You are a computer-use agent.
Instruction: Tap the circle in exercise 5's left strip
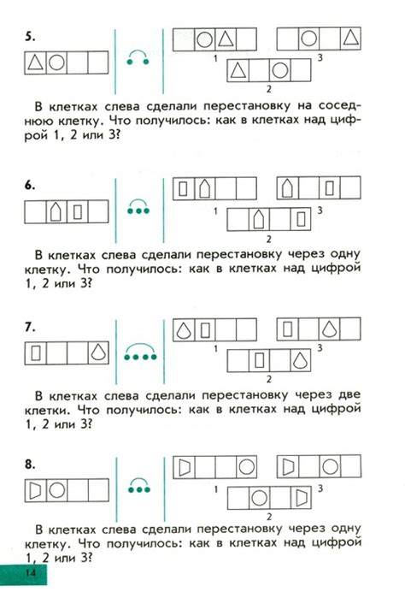(56, 62)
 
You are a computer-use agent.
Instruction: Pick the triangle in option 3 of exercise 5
(351, 38)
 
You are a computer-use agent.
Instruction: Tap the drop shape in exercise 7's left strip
(99, 351)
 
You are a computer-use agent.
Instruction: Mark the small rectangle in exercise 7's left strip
(35, 351)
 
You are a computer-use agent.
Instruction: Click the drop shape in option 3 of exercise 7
(331, 329)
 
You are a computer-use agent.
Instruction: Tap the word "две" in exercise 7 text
(350, 396)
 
